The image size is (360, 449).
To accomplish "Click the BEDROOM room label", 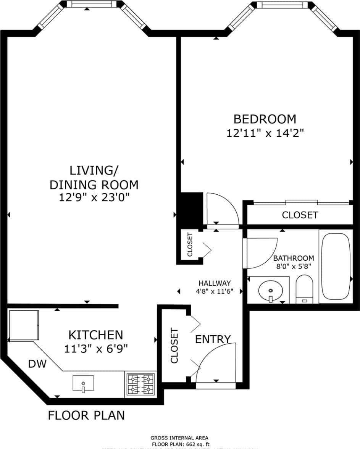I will tap(265, 119).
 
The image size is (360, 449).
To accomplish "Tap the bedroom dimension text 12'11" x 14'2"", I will tap(265, 133).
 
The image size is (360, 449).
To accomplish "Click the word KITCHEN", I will tap(95, 335).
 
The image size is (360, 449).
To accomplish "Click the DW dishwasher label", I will tap(37, 364).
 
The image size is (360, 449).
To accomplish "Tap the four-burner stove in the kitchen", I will tap(140, 384).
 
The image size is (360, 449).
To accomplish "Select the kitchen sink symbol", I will tap(83, 383).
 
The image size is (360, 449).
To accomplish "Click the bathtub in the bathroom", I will tap(335, 266).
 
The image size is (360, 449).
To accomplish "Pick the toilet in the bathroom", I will tap(304, 289).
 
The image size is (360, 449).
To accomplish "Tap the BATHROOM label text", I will tap(294, 258).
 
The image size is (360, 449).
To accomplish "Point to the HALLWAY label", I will tap(214, 283).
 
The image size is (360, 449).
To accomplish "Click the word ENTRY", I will tap(213, 339).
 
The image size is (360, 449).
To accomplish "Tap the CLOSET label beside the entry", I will tap(174, 345).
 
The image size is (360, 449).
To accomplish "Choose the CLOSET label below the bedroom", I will tap(300, 215).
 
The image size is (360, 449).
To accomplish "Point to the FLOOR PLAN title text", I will tap(86, 415).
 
